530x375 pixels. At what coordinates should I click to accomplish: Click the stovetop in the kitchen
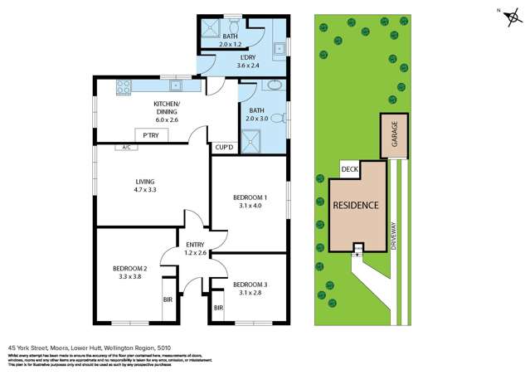click(125, 85)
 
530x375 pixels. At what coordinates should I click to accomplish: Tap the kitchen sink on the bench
click(176, 85)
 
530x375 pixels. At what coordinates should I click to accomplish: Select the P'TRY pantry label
click(151, 135)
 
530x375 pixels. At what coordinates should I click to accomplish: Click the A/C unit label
click(126, 148)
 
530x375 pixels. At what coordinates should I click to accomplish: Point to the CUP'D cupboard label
click(224, 148)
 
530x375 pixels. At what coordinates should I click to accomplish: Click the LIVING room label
click(147, 182)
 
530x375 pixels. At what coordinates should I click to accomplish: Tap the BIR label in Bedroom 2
click(168, 299)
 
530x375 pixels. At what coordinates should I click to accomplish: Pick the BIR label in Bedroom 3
click(218, 308)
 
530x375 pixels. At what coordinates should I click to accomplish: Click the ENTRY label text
click(195, 244)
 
